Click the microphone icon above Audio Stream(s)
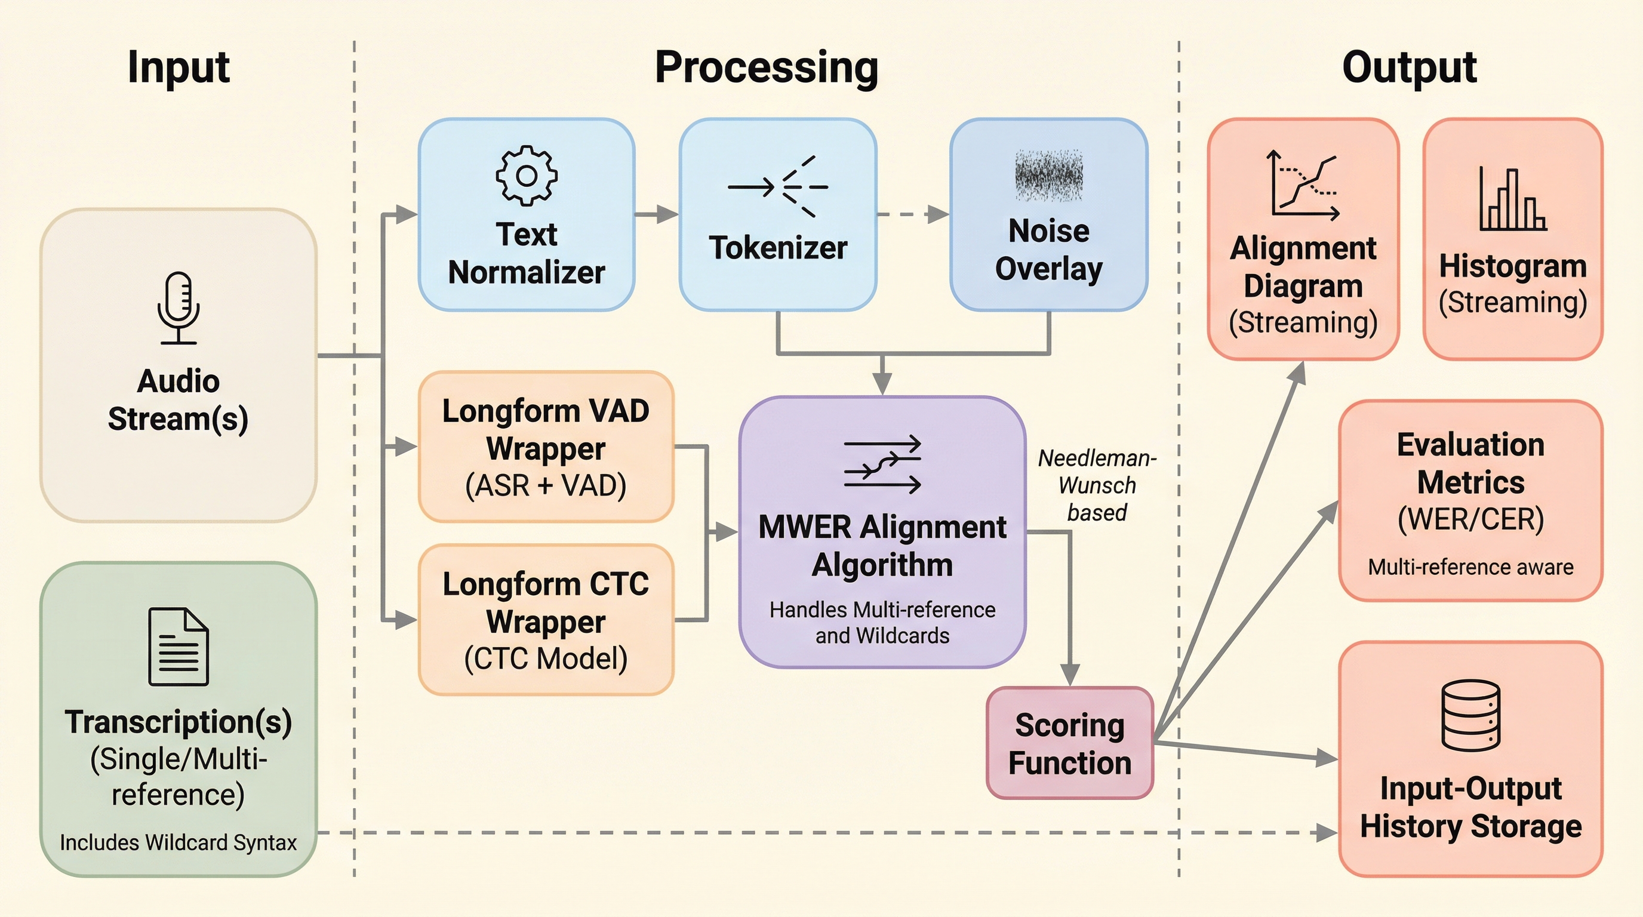(x=179, y=308)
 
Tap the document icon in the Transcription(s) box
(x=179, y=647)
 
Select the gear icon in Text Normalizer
(x=526, y=176)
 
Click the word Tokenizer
(x=778, y=247)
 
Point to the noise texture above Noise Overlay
(x=1048, y=176)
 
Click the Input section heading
(x=178, y=67)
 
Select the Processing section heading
(x=766, y=67)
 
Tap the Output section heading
(x=1409, y=67)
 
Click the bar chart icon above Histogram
(x=1512, y=199)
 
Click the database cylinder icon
(x=1471, y=715)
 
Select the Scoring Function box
(x=1070, y=743)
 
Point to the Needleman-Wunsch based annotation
(x=1097, y=485)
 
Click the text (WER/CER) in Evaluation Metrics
(x=1471, y=519)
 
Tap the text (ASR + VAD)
(x=545, y=485)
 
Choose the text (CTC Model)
(x=545, y=658)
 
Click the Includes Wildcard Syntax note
(x=178, y=842)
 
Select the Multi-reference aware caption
(x=1471, y=567)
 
